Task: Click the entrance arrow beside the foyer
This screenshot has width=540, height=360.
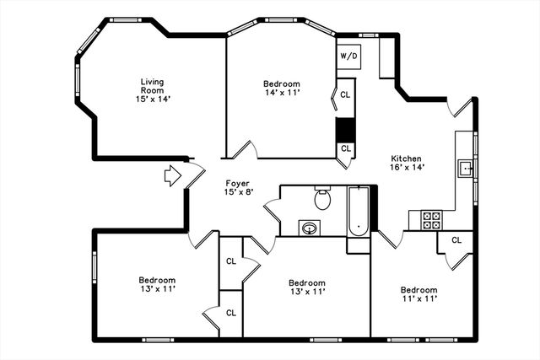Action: [x=172, y=176]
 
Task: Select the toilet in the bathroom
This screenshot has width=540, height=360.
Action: [x=321, y=200]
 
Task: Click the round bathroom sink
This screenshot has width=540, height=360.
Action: [x=309, y=228]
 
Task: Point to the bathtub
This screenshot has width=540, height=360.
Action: [x=359, y=211]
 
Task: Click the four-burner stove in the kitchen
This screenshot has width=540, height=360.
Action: [x=431, y=220]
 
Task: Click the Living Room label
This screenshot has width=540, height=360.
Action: [x=152, y=90]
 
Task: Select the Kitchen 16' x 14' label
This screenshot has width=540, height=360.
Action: [x=406, y=163]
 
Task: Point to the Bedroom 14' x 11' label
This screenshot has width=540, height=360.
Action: [x=281, y=88]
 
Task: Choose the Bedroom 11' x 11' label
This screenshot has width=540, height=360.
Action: [x=418, y=294]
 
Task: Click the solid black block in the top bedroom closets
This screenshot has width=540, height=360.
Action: [x=345, y=130]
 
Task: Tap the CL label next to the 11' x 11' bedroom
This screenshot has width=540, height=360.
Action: [x=456, y=240]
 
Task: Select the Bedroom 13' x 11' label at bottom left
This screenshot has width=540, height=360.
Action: [x=157, y=285]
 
